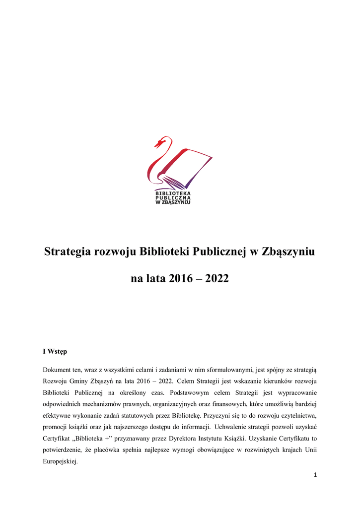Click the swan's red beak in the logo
tap(158, 144)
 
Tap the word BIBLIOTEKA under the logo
tap(173, 193)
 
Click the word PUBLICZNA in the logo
tap(173, 197)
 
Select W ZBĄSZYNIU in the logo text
tap(173, 202)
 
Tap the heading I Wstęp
tap(55, 352)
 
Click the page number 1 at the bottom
tap(315, 475)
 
